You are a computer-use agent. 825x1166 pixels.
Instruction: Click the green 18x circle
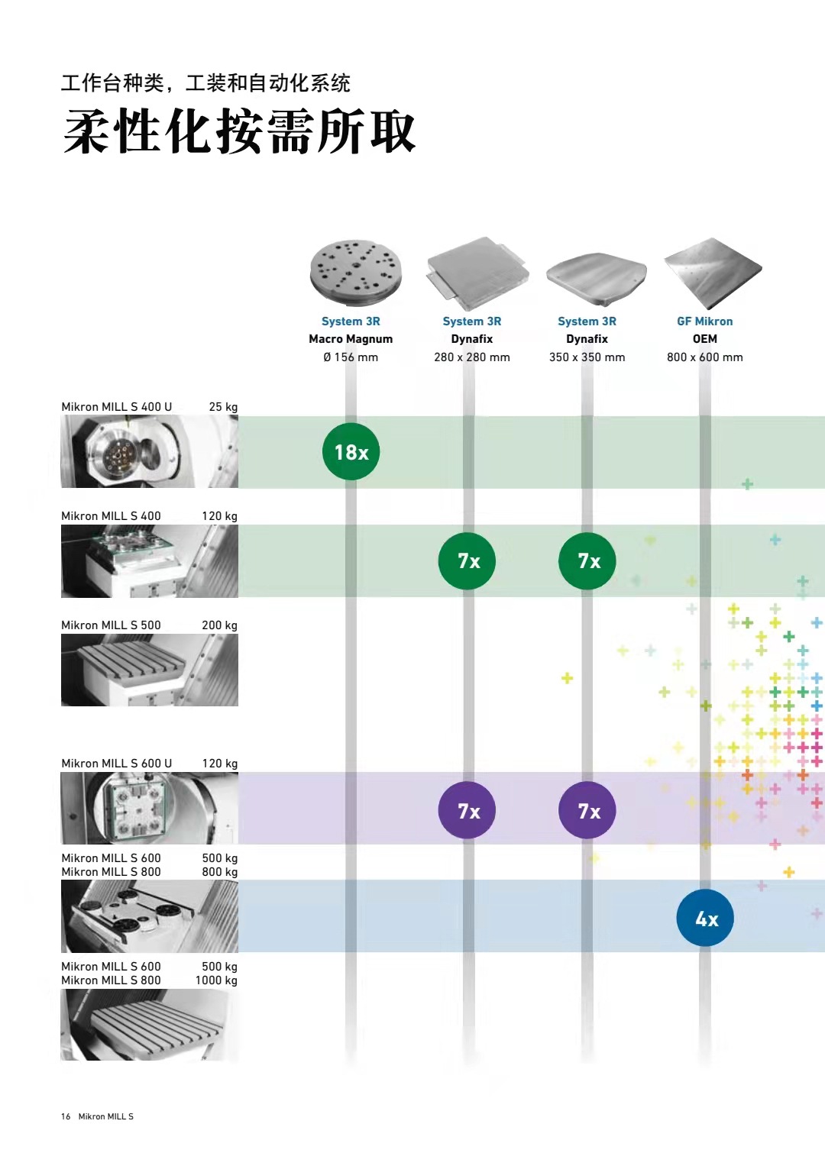point(351,451)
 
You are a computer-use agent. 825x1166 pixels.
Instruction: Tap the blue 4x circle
point(705,918)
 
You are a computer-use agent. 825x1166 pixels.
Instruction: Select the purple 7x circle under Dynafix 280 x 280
point(467,810)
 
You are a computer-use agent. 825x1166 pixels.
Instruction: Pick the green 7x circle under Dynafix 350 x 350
point(587,560)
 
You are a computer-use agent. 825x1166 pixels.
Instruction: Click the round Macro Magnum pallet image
point(356,273)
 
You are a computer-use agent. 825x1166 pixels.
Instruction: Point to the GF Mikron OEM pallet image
point(713,273)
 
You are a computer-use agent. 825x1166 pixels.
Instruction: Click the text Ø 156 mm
point(351,357)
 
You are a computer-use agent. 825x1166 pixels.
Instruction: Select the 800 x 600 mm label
point(704,357)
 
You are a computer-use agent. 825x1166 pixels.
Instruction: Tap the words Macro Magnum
point(351,339)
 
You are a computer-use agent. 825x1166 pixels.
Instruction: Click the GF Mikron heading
point(704,321)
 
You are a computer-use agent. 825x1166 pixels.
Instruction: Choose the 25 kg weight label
point(223,406)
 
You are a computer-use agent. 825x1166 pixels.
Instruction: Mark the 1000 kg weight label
point(216,980)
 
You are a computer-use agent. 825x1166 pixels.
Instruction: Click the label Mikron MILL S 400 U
point(117,406)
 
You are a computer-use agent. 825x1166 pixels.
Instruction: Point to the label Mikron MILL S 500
point(111,625)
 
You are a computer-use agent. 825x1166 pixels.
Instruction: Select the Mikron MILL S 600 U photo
point(150,808)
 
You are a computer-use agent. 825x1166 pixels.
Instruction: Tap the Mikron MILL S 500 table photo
point(150,670)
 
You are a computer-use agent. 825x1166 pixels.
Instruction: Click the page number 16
point(66,1116)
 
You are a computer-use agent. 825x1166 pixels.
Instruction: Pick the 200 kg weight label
point(219,625)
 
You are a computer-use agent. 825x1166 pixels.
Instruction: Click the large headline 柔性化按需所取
point(239,131)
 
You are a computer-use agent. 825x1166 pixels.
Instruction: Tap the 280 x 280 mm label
point(472,357)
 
